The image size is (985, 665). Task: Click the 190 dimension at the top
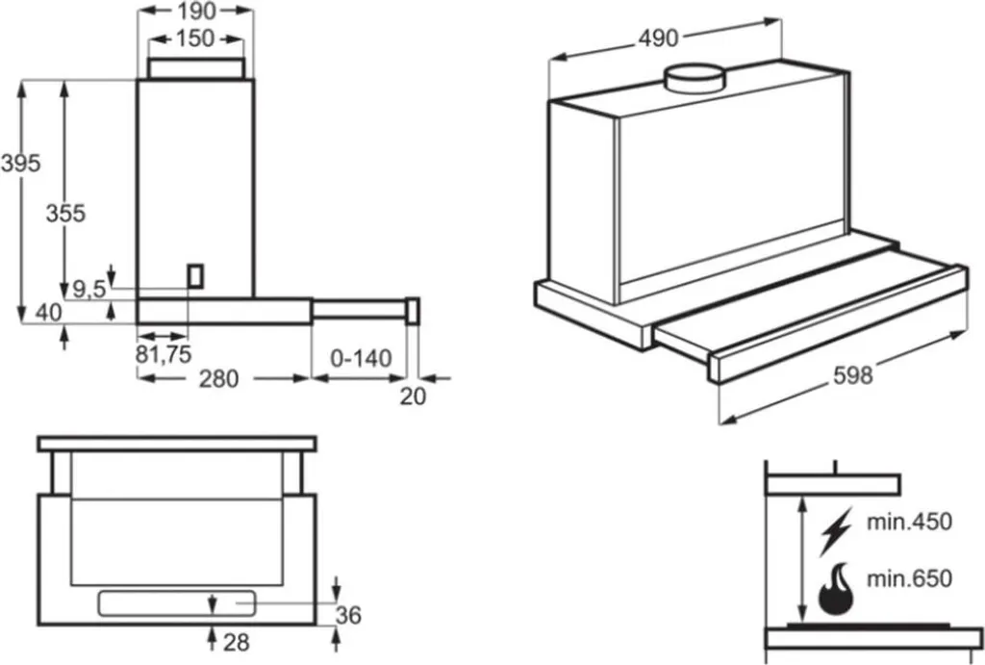pos(196,12)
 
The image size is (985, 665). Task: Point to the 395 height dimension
pos(20,164)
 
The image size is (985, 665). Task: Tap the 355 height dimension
pos(65,214)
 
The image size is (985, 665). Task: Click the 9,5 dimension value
pos(88,287)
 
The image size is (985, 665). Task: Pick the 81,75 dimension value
pos(164,354)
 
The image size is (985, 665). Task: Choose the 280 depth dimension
pos(218,379)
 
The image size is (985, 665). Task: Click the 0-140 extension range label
pos(361,359)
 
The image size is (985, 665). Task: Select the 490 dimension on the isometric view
pos(658,38)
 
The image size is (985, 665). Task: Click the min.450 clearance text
pos(908,523)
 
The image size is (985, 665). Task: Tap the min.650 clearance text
pos(908,579)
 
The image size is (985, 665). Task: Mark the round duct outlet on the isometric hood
pos(696,76)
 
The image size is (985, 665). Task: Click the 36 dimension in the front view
pos(349,614)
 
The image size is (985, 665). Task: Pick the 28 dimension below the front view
pos(239,642)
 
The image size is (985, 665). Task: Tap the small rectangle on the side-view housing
pos(196,275)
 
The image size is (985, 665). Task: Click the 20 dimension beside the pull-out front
pos(412,395)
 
